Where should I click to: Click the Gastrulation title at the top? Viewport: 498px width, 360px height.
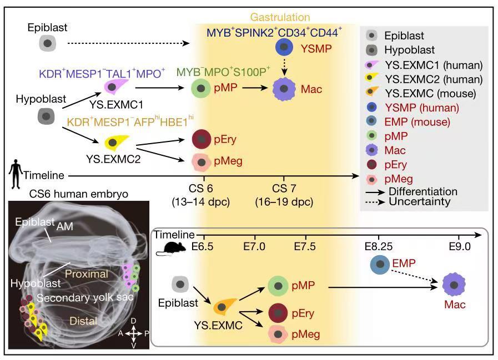click(x=280, y=17)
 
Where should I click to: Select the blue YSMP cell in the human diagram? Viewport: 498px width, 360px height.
click(x=284, y=47)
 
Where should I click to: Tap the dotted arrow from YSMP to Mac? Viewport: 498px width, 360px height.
click(x=284, y=67)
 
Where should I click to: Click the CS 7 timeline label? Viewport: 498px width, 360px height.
click(x=284, y=188)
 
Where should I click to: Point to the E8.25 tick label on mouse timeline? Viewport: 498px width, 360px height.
click(x=378, y=246)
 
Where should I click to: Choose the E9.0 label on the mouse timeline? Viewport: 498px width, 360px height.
click(x=460, y=246)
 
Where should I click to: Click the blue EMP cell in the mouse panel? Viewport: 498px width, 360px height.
click(x=380, y=264)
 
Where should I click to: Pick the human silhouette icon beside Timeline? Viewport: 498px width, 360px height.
click(x=16, y=174)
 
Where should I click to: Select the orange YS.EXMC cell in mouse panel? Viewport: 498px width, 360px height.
click(x=224, y=306)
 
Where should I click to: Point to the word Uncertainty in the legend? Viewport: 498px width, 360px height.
click(x=419, y=201)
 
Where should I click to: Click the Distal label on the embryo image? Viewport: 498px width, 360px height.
click(x=83, y=321)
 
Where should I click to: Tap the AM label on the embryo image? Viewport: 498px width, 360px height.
click(x=65, y=226)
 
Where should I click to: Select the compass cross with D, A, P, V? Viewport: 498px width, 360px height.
click(x=134, y=333)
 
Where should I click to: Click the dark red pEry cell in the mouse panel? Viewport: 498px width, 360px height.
click(x=278, y=313)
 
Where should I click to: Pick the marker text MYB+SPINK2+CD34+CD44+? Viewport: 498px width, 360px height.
click(x=274, y=32)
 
